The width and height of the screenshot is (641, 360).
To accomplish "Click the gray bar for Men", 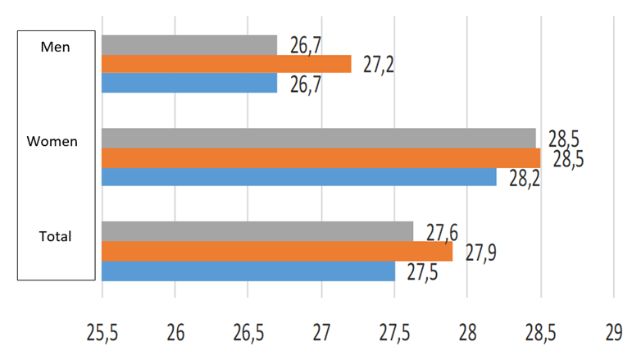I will tap(189, 44).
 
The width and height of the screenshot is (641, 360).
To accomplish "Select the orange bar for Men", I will tap(226, 64).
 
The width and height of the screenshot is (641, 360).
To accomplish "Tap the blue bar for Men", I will tap(189, 83).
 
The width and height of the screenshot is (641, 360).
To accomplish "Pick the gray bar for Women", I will tap(319, 138).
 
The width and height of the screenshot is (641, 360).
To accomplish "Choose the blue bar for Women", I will tap(299, 176).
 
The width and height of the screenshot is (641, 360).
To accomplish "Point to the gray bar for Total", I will tap(257, 232).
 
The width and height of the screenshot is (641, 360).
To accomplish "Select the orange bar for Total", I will tap(277, 251).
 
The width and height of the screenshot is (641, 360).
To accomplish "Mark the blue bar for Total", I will tap(248, 271).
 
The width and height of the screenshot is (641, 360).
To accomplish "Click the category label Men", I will tap(56, 47).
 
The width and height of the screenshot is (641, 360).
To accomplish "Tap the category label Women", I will tap(52, 141).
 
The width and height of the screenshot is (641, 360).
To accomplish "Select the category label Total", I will tap(56, 236).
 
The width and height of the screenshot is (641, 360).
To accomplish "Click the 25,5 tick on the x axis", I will tap(102, 332).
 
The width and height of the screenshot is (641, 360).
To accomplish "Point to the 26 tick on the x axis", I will tap(175, 332).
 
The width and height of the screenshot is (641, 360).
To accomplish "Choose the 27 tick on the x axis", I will tap(321, 332).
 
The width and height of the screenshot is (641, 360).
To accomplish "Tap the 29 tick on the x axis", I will tap(613, 332).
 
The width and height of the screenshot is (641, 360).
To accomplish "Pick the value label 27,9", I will tap(480, 253).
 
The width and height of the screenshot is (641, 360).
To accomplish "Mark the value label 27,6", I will tap(441, 232).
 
